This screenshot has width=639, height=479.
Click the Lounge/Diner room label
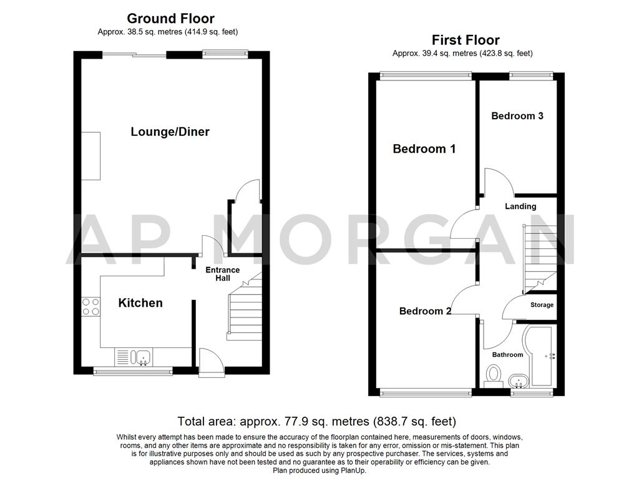[x=170, y=132]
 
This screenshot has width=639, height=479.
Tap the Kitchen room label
[x=140, y=302]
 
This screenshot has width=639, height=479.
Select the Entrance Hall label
[x=223, y=274]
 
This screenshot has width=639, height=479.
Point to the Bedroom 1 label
[x=424, y=148]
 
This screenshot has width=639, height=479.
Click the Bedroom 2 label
[x=425, y=311]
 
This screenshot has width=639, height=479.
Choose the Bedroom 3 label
[x=517, y=115]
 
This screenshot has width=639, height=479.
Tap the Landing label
[x=520, y=206]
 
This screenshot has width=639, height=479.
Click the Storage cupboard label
[x=542, y=305]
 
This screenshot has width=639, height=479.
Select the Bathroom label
[x=507, y=354]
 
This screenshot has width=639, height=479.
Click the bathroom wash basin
[x=518, y=380]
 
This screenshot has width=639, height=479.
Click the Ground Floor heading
[x=170, y=19]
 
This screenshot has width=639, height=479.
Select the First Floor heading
[x=466, y=40]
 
